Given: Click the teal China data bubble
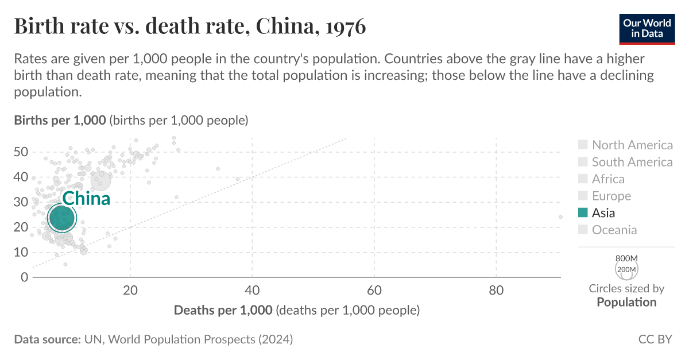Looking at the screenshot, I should click(x=62, y=218).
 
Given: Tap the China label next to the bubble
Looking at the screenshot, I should click(x=86, y=199).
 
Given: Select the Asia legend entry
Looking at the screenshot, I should click(x=603, y=213).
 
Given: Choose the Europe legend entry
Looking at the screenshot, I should click(x=611, y=196).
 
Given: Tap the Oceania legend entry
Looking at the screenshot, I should click(x=614, y=230).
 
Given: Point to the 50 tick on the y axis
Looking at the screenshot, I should click(x=21, y=152).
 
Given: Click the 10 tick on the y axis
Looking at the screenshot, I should click(x=21, y=252).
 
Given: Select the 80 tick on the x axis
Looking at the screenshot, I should click(x=496, y=291).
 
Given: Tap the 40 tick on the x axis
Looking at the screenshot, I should click(x=253, y=291).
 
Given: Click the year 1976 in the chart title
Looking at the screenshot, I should click(x=344, y=27).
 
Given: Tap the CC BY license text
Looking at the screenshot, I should click(x=655, y=339).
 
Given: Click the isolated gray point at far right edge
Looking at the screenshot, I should click(x=560, y=217).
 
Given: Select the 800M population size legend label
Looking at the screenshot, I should click(x=626, y=258).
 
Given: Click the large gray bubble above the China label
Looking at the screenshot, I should click(x=101, y=180).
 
